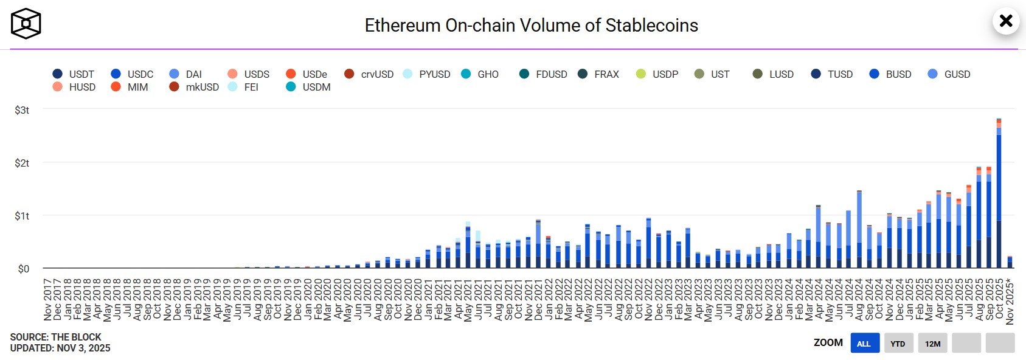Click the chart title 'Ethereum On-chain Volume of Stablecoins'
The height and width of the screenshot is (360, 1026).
(531, 26)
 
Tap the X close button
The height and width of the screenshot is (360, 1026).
(1006, 21)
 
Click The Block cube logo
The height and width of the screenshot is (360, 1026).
(26, 24)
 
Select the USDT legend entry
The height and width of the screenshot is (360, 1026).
(74, 74)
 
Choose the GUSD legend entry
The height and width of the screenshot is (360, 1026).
(949, 74)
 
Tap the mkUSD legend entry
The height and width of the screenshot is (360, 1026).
(195, 87)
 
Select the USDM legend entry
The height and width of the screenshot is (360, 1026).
(309, 87)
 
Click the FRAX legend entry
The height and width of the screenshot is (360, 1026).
(599, 74)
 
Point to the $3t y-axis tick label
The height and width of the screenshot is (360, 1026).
(22, 110)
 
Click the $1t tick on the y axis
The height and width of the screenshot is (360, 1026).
(22, 216)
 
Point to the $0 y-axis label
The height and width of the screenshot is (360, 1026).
(23, 269)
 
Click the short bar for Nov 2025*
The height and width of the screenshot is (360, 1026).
(1010, 263)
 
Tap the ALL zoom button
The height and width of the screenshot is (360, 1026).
(864, 344)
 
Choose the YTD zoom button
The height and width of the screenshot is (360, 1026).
(898, 344)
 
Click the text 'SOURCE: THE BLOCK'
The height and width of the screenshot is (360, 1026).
(55, 337)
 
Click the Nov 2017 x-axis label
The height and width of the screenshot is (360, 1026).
(47, 300)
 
